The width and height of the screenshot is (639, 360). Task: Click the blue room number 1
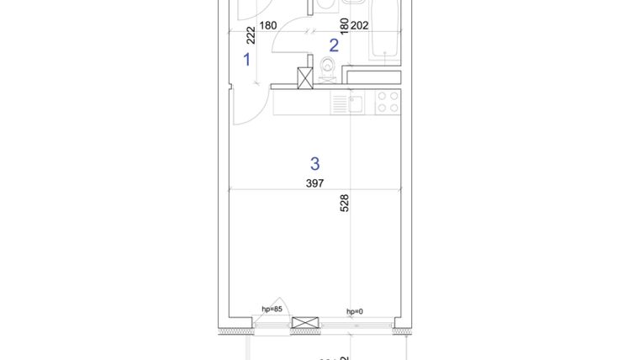pos(247,60)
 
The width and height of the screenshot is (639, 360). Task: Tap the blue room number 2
pos(334,45)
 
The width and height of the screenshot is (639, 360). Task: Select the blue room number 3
pos(315,163)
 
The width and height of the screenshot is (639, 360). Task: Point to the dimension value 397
pos(315,183)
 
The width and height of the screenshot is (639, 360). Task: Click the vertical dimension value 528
pos(344,203)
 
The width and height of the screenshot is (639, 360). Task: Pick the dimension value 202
pos(359,25)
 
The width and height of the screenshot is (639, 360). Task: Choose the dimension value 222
pos(251,34)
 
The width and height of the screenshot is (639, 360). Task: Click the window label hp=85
pos(271,309)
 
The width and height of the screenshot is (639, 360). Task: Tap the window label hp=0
pos(355,311)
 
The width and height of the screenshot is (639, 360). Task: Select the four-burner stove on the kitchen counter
pos(388,103)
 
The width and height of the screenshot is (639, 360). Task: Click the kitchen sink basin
pos(356,103)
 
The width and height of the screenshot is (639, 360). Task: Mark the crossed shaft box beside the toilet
pos(307,78)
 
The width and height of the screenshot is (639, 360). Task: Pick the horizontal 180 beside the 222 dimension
pos(268,25)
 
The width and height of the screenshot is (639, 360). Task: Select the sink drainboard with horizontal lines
pos(339,103)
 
